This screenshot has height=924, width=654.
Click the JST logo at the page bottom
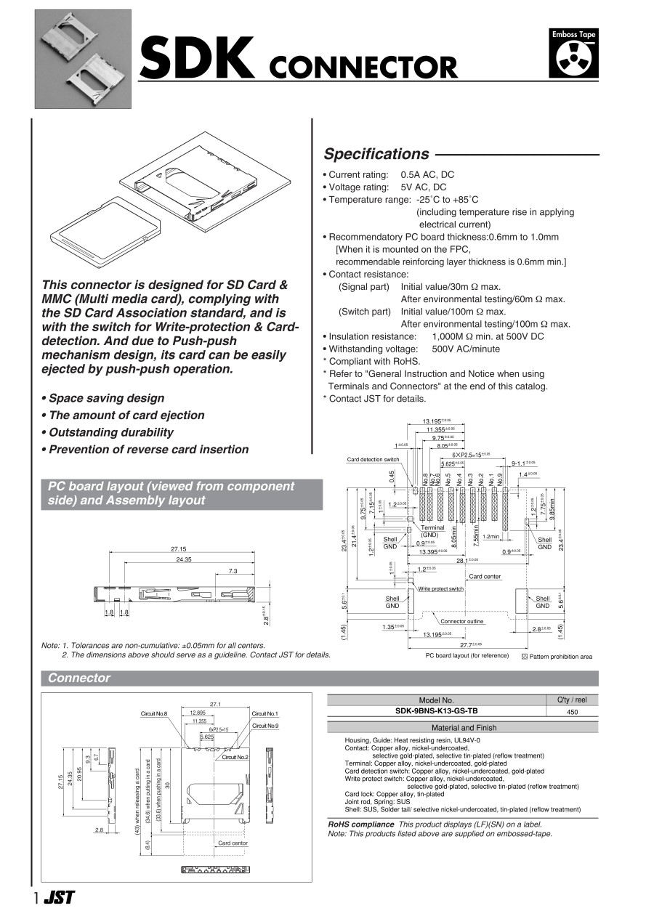tap(59, 897)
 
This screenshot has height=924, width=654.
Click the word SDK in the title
tap(198, 60)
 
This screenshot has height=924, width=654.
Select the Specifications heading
tap(376, 154)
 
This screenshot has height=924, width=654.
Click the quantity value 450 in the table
tap(571, 713)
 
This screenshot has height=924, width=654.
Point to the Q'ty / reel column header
tap(571, 700)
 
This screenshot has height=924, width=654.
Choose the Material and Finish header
tap(463, 727)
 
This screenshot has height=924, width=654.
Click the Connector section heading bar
tap(79, 678)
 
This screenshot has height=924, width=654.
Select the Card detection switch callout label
tap(373, 460)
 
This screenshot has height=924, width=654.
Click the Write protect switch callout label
tap(440, 588)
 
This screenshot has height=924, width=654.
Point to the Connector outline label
tap(461, 621)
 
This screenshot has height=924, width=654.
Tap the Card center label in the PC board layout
tap(485, 576)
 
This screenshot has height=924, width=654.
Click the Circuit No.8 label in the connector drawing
tap(154, 714)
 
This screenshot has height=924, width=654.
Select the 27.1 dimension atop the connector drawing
tap(215, 704)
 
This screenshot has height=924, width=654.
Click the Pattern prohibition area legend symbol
tap(525, 656)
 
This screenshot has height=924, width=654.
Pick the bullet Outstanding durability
tap(108, 432)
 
